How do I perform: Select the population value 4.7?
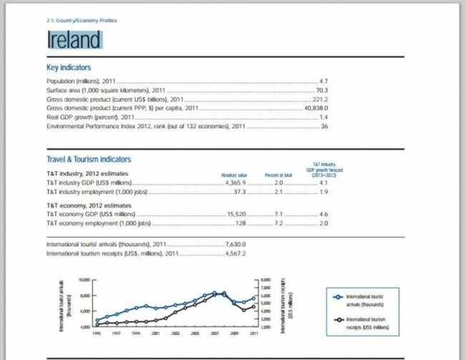click(x=323, y=82)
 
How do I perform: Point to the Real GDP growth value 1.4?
click(x=323, y=117)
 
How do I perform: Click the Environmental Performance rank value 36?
click(x=324, y=126)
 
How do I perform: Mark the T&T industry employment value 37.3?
click(x=240, y=192)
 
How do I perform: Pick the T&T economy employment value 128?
click(x=241, y=223)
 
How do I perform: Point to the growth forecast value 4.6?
click(x=323, y=214)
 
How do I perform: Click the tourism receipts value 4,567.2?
click(x=235, y=253)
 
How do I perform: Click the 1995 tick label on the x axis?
click(x=97, y=334)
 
